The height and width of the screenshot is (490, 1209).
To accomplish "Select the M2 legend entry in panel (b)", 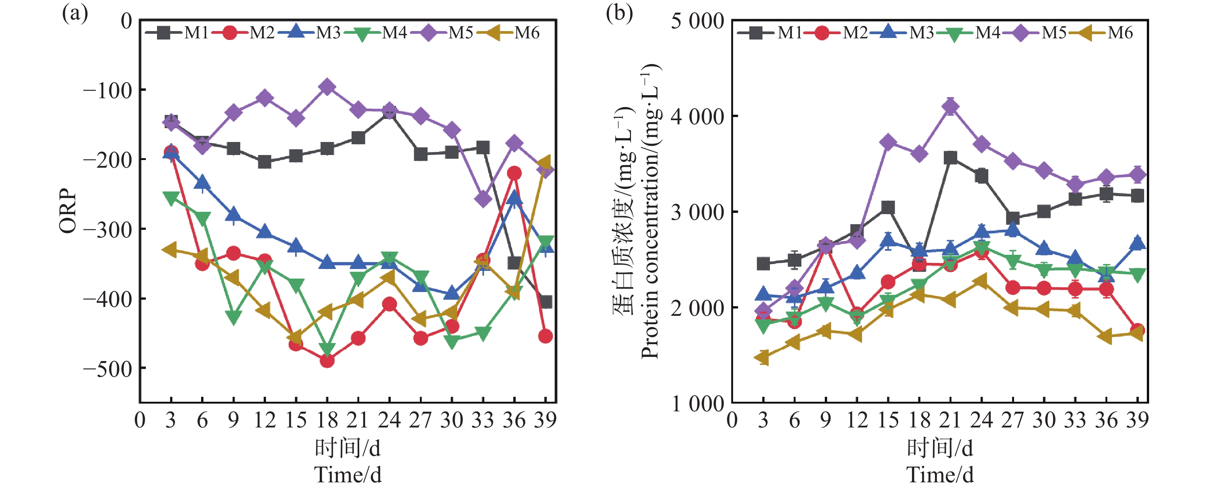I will pos(836,33).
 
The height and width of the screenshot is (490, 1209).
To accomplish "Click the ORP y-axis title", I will pos(68,211).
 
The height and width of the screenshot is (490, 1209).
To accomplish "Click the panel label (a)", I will pos(75,13).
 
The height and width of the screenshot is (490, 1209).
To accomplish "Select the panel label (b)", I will pos(619,13).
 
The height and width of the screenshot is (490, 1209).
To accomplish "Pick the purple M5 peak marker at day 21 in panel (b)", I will pos(950,107).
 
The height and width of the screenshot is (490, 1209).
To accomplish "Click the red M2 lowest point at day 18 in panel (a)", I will pos(327,360).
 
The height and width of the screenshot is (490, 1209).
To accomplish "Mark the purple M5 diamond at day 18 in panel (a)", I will pos(327,87).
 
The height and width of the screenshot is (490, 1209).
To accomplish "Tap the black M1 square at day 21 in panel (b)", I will pos(950,158).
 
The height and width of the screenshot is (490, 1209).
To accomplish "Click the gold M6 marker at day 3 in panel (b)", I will pos(763,358).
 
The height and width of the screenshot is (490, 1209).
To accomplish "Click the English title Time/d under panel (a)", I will pos(348,475).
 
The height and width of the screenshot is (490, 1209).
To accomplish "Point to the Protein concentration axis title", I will pos(650,211).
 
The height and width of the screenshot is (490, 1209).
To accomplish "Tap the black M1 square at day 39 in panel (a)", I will pos(545,302).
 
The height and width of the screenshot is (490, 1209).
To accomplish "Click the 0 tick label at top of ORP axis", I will pos(126,21).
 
